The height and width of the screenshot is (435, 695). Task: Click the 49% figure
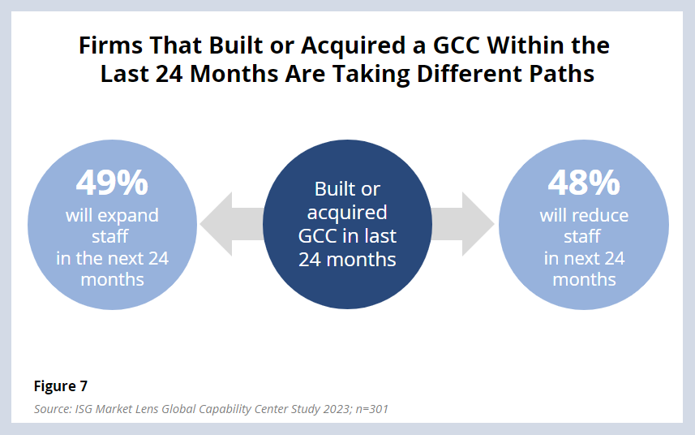click(x=112, y=183)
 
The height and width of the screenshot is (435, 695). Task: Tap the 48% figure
click(x=584, y=183)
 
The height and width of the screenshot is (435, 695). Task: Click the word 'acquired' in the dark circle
click(x=347, y=213)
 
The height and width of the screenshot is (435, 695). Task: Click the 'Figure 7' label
click(x=61, y=385)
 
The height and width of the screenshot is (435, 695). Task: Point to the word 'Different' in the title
click(x=454, y=75)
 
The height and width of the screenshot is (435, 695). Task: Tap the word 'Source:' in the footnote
click(x=54, y=409)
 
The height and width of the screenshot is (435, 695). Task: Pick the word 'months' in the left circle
click(x=112, y=280)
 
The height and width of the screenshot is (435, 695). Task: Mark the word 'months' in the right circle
click(x=584, y=280)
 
